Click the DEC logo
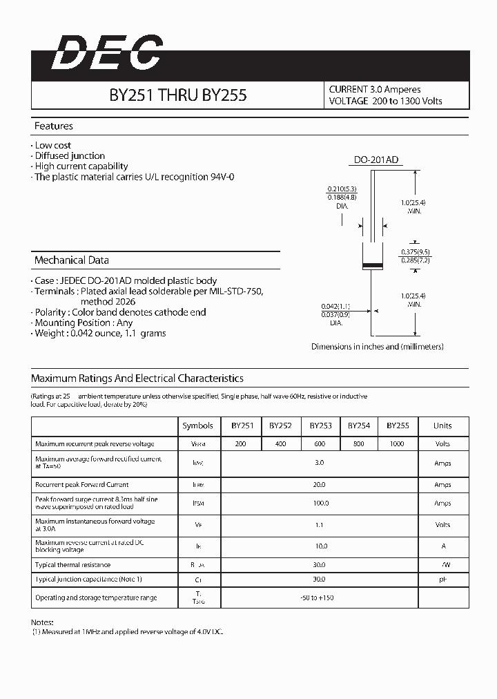(x=107, y=54)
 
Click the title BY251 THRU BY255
(x=177, y=96)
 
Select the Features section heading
(x=54, y=126)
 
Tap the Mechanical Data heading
(x=72, y=260)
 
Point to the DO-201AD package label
(x=376, y=160)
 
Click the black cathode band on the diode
(x=373, y=266)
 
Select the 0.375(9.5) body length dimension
(x=416, y=252)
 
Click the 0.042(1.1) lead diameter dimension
(x=336, y=306)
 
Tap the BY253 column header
(x=320, y=426)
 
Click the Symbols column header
(x=197, y=426)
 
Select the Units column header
(x=442, y=426)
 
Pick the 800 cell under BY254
(x=359, y=444)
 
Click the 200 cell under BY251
(x=240, y=444)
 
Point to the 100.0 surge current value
(x=320, y=504)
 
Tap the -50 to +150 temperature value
(x=318, y=597)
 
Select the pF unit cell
(x=442, y=580)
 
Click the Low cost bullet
(x=53, y=146)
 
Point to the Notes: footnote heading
(x=42, y=622)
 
